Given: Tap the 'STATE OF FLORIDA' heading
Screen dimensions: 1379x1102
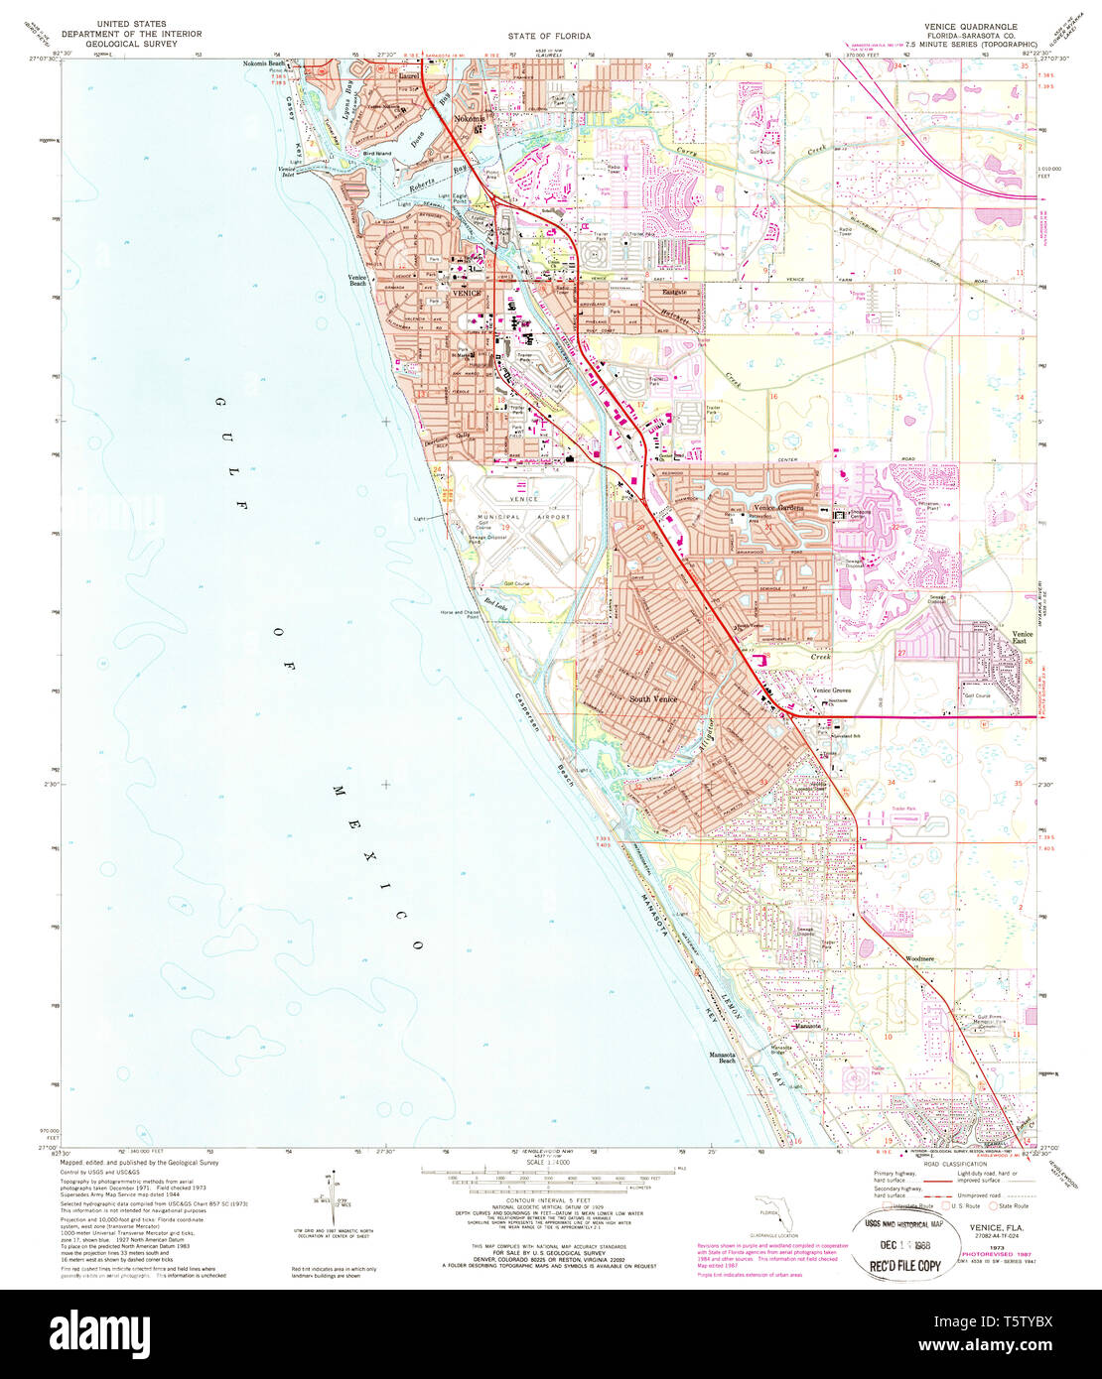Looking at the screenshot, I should tap(549, 36).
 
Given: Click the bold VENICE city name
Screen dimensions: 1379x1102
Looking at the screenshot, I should tap(467, 293).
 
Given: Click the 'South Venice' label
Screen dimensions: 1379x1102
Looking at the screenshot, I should tap(653, 699).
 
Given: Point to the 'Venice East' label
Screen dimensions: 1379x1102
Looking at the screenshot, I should tap(1022, 638).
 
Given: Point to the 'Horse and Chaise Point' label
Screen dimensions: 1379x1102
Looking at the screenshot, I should tap(463, 615).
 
